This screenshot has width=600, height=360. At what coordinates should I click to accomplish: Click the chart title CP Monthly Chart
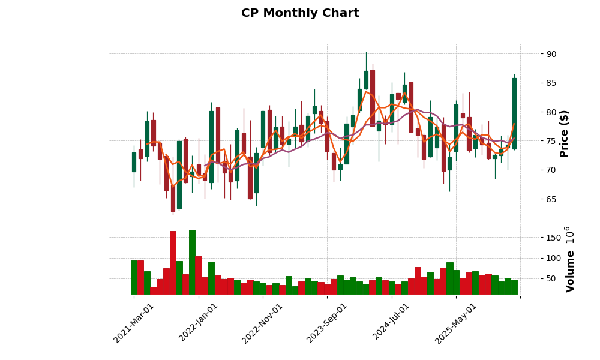[x=300, y=13]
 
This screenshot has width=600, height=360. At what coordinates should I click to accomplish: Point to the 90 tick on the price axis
[x=551, y=54]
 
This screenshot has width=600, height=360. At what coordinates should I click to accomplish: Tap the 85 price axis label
[x=551, y=83]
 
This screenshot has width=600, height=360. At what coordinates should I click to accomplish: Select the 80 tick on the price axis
[x=551, y=112]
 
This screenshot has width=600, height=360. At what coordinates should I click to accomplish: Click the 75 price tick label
[x=551, y=141]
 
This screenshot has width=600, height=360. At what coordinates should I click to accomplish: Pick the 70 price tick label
[x=551, y=170]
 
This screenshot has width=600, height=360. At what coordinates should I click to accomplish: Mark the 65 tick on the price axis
[x=551, y=199]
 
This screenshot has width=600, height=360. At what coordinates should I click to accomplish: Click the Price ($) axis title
[x=564, y=133]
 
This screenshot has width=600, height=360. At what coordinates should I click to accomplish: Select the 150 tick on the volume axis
[x=554, y=238]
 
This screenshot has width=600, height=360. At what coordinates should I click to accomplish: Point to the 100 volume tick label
[x=554, y=258]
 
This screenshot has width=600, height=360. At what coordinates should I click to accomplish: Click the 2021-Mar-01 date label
[x=134, y=323]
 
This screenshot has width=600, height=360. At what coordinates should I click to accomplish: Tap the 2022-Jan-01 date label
[x=199, y=323]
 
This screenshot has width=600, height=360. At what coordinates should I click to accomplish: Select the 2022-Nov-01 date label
[x=263, y=323]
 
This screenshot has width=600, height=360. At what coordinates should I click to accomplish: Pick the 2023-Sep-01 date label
[x=327, y=323]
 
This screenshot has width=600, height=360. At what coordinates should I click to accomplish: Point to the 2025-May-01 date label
[x=456, y=323]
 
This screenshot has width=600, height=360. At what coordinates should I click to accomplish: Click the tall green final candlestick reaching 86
[x=514, y=113]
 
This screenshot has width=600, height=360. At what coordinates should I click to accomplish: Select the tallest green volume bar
[x=192, y=262]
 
